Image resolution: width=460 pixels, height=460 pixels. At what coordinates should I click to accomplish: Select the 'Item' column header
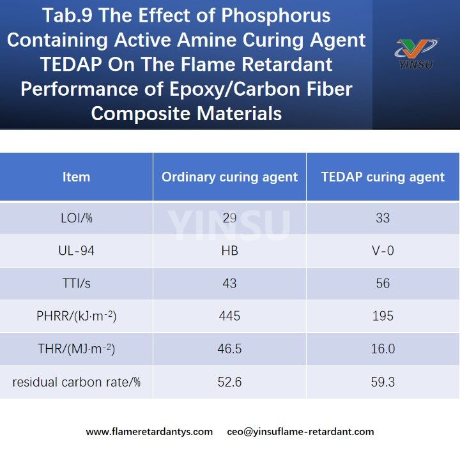click(76, 177)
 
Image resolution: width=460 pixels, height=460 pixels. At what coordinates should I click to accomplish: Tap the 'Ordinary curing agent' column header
click(229, 177)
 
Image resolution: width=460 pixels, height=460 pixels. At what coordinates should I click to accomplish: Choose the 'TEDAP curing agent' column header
click(383, 177)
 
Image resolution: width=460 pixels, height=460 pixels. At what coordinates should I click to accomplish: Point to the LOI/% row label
click(76, 218)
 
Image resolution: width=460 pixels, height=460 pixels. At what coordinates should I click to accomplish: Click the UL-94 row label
click(76, 251)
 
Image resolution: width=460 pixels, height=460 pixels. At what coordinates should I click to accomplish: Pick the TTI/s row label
click(76, 284)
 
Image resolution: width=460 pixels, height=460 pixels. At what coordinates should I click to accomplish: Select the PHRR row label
click(76, 316)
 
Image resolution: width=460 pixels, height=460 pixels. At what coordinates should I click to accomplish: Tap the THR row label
click(76, 349)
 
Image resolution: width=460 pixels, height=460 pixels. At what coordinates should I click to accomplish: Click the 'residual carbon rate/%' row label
click(76, 382)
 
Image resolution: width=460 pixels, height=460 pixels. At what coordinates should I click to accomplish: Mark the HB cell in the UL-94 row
click(229, 251)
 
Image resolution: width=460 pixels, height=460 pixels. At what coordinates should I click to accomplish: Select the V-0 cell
click(383, 251)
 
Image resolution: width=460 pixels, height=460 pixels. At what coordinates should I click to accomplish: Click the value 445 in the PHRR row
click(229, 316)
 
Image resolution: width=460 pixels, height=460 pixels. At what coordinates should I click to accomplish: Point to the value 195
click(383, 316)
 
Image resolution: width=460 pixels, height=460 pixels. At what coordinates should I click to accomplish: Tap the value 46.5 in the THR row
click(229, 349)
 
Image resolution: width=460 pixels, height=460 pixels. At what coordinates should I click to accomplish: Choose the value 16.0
click(383, 349)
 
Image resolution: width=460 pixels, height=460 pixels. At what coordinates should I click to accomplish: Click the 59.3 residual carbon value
click(383, 382)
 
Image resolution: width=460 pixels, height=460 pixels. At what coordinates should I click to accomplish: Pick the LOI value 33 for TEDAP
click(383, 218)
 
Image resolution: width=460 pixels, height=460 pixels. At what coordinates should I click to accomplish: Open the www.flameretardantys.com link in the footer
click(149, 432)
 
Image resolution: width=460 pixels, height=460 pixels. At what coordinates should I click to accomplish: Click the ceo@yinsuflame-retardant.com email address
click(300, 432)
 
